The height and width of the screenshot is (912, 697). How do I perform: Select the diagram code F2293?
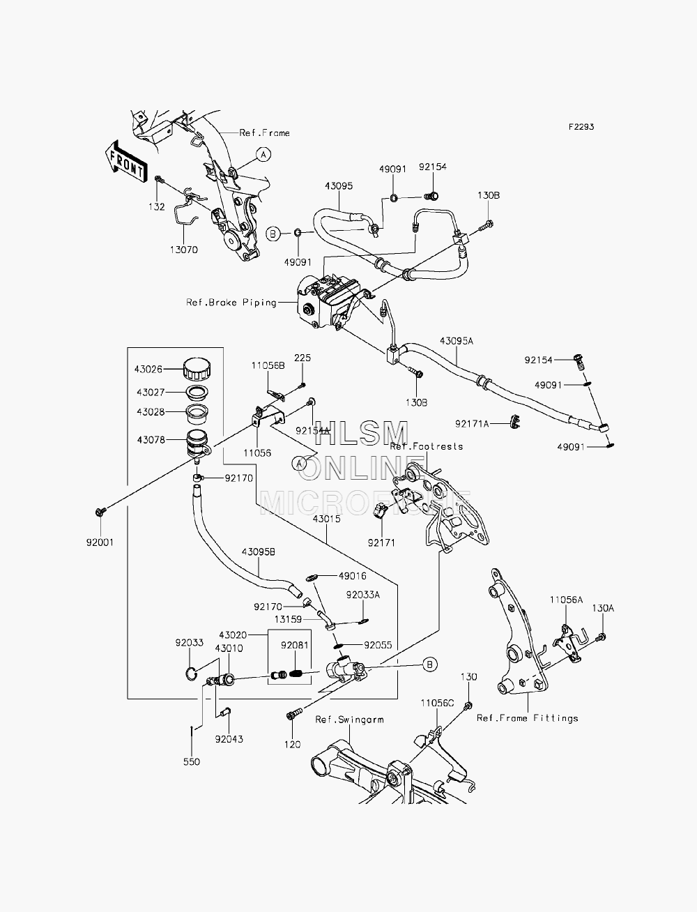click(581, 127)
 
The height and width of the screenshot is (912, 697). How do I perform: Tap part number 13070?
click(183, 250)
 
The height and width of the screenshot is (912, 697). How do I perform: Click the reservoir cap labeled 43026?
click(197, 369)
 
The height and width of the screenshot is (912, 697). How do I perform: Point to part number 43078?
click(151, 439)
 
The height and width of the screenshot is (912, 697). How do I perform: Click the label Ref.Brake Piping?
click(231, 303)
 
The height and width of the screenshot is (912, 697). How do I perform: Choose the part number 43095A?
click(457, 341)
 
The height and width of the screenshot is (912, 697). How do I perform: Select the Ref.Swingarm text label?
click(349, 720)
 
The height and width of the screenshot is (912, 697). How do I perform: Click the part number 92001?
click(100, 542)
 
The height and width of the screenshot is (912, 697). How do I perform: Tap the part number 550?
click(192, 761)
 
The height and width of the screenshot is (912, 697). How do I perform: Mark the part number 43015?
click(326, 519)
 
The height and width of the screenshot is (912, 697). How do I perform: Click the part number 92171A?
click(471, 424)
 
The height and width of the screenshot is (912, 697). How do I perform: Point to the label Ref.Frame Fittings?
click(527, 718)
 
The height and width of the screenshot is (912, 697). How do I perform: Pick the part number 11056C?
click(438, 704)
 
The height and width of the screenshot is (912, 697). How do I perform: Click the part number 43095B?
click(259, 552)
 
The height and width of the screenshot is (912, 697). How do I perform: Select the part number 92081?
click(295, 645)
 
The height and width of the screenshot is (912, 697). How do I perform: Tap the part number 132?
click(157, 207)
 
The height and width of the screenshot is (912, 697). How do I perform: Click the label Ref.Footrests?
click(426, 447)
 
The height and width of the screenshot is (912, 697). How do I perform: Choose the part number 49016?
click(353, 576)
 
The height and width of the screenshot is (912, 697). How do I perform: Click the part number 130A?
click(603, 609)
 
